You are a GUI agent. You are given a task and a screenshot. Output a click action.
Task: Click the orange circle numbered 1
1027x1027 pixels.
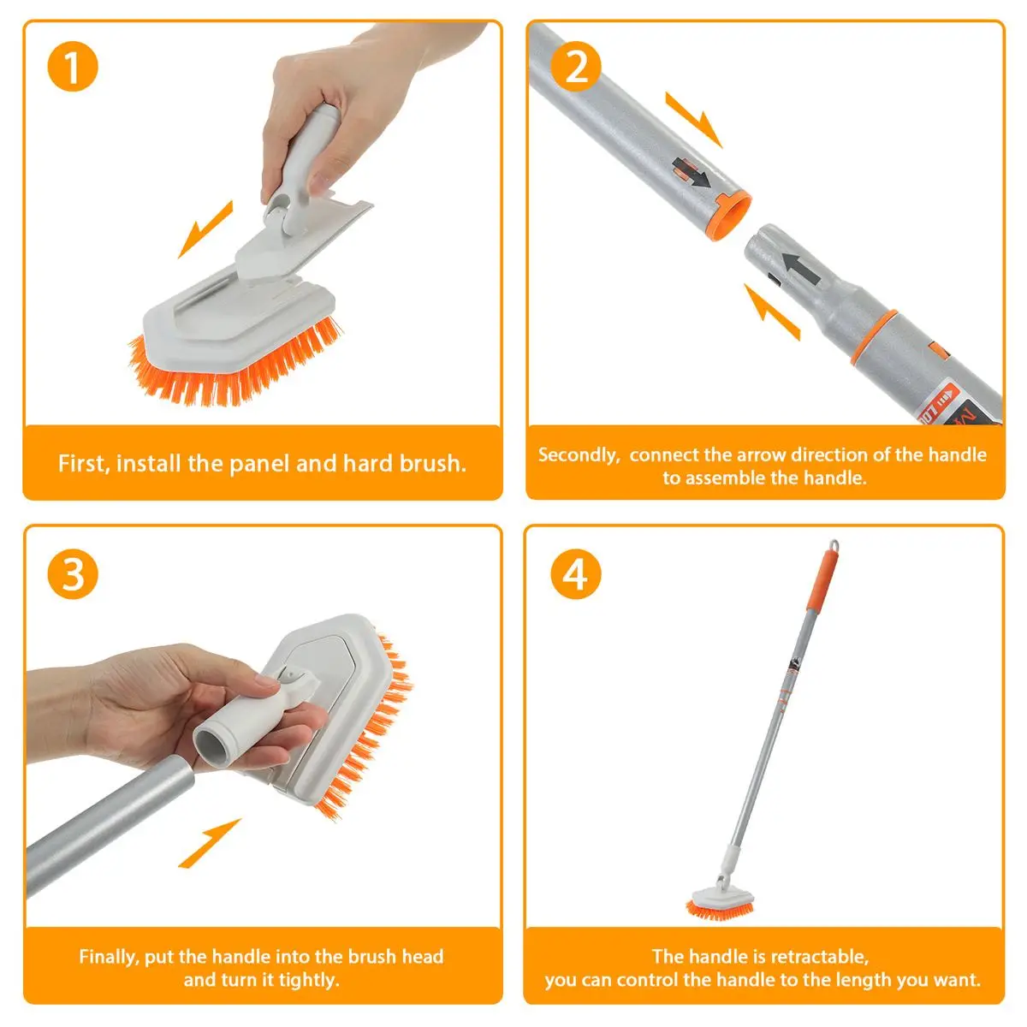[x=73, y=67]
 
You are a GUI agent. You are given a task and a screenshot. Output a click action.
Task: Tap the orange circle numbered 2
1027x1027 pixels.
[x=576, y=67]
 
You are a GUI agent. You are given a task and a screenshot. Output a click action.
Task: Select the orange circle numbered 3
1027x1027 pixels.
[x=73, y=574]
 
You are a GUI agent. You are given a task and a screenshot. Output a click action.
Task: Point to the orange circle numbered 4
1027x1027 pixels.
[x=576, y=574]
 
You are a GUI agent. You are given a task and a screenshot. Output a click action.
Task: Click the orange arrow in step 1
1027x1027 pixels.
[x=205, y=229]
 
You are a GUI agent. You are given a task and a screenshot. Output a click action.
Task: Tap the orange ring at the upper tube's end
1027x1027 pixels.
[x=731, y=217]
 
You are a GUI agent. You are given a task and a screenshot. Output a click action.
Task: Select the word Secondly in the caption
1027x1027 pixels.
[x=579, y=455]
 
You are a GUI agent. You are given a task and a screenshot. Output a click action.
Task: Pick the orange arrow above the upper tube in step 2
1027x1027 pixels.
[x=694, y=119]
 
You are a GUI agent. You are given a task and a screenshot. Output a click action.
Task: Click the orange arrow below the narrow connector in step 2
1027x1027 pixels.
[x=772, y=312]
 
